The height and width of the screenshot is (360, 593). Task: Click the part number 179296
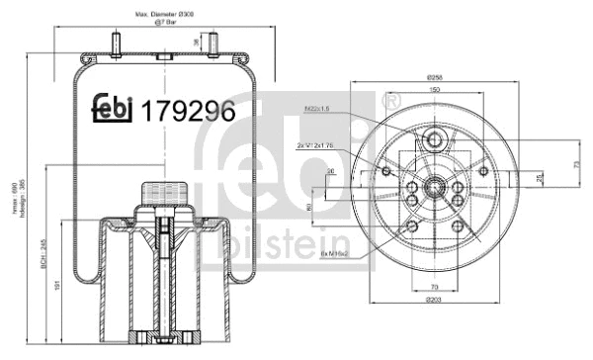[x=189, y=111]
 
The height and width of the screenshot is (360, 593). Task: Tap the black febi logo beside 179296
[x=114, y=111]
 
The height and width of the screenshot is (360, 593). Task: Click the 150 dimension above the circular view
[x=434, y=90]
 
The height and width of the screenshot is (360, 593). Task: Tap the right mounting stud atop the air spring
[x=211, y=42]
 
